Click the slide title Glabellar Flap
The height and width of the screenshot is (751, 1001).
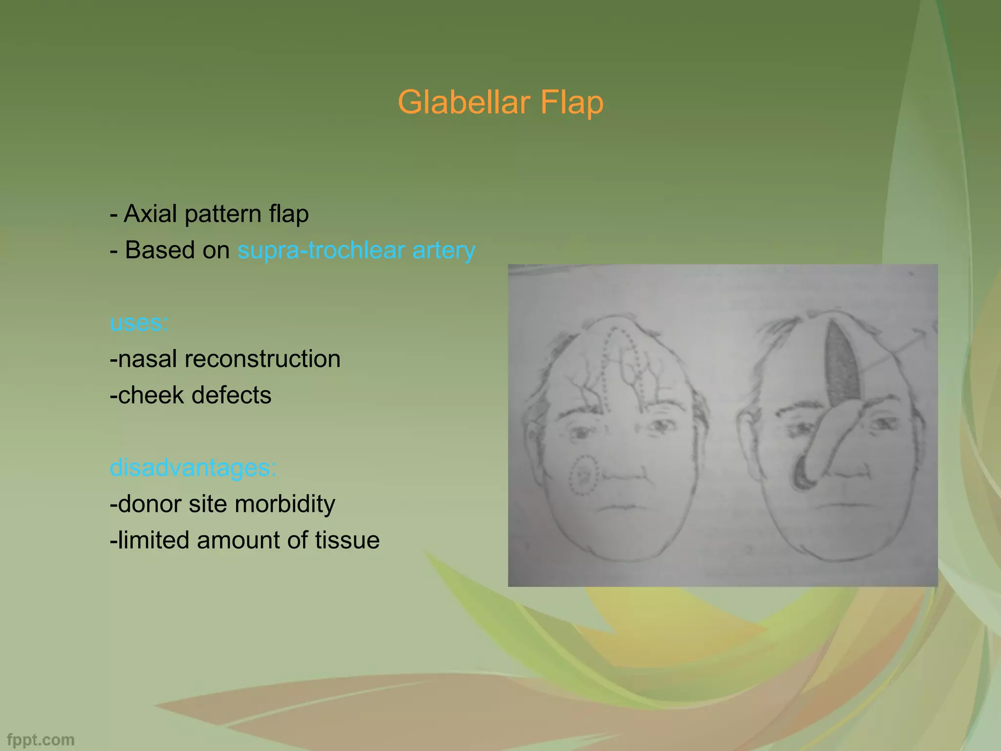pos(500,102)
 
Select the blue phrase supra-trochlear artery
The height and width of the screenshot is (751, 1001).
pos(356,250)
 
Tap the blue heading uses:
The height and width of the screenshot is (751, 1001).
pos(139,323)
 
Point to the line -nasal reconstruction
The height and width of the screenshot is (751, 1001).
pos(225,359)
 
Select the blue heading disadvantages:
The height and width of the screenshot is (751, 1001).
pos(193,467)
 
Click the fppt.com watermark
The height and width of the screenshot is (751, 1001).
pos(41,740)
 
